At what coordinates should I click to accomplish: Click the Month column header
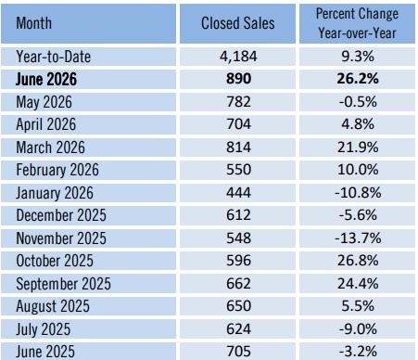(33, 23)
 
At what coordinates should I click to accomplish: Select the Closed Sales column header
(238, 23)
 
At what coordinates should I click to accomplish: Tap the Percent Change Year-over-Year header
(357, 23)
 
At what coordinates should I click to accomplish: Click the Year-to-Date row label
(54, 57)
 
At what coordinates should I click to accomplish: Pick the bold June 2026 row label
(46, 79)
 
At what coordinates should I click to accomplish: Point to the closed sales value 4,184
(238, 57)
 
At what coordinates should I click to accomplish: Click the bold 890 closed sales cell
(238, 79)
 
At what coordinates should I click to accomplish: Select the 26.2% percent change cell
(358, 79)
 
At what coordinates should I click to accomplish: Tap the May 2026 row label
(44, 102)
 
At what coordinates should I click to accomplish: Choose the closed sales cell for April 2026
(238, 124)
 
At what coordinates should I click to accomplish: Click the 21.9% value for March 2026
(358, 148)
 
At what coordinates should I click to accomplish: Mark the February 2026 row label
(57, 170)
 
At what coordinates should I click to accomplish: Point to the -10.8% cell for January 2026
(358, 193)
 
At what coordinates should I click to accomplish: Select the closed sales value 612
(238, 215)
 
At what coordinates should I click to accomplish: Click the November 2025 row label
(61, 238)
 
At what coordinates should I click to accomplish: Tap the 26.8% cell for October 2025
(358, 261)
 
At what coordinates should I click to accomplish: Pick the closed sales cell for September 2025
(238, 284)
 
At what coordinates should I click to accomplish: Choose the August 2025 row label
(53, 306)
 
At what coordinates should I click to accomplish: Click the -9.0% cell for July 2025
(358, 329)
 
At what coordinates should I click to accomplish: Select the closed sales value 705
(238, 352)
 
